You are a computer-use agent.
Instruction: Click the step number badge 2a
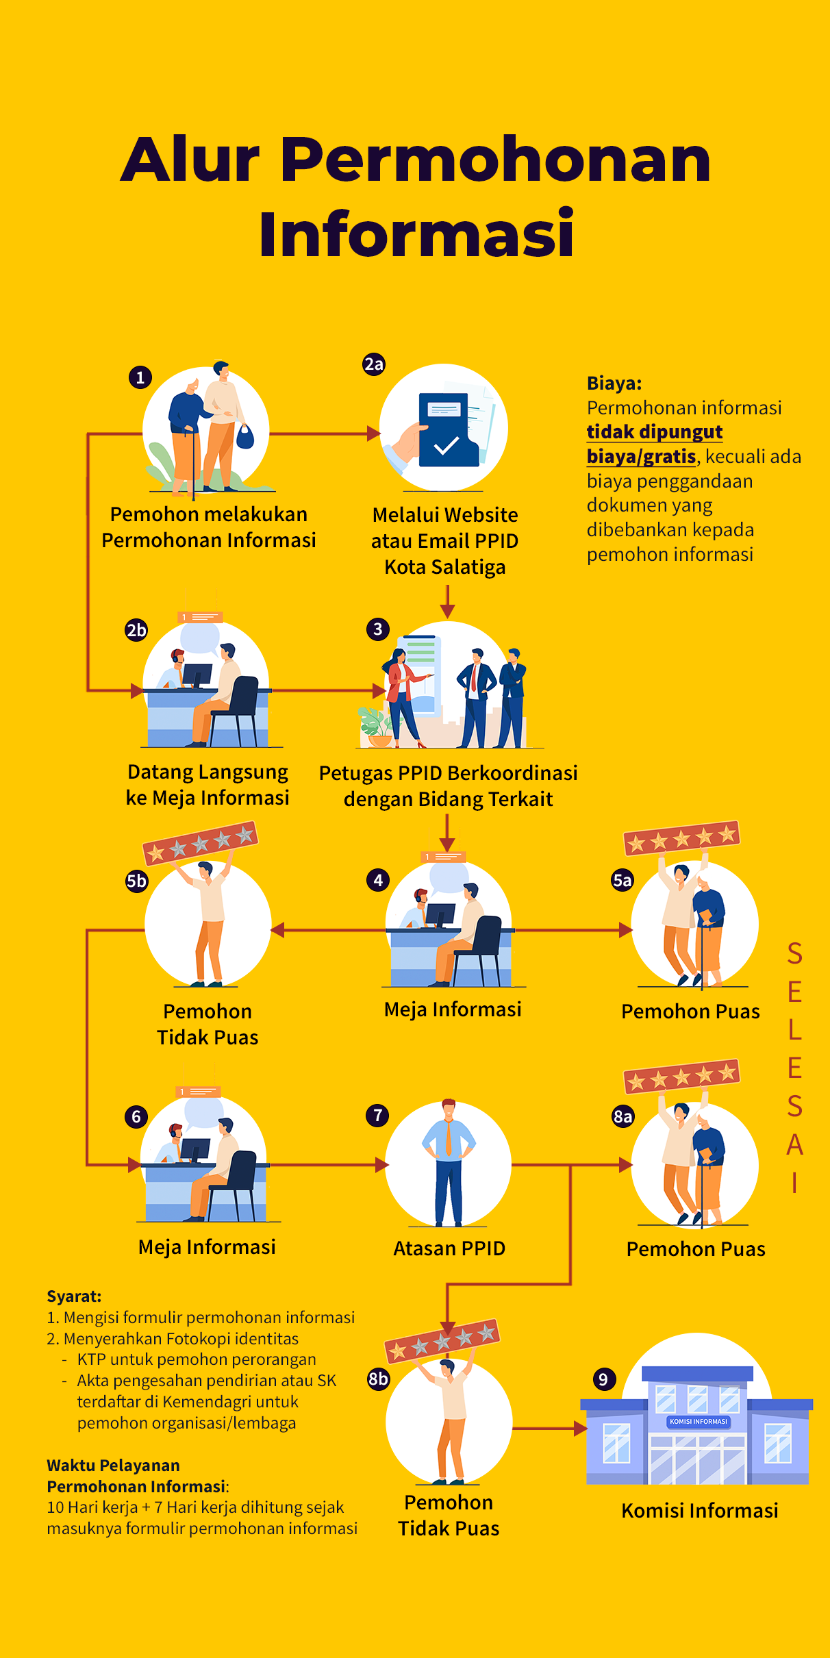click(x=374, y=364)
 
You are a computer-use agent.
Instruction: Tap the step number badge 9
click(x=603, y=1379)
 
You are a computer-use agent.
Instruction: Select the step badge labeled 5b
click(x=136, y=881)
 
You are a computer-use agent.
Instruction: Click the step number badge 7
click(x=377, y=1115)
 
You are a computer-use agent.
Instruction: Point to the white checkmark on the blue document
click(x=446, y=446)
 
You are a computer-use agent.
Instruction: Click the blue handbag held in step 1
click(x=245, y=436)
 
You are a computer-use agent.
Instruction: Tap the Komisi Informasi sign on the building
click(x=698, y=1421)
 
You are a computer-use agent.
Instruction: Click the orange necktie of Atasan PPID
click(x=449, y=1138)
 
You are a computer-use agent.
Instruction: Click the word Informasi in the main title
click(x=416, y=234)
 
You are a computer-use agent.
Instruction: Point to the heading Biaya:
click(x=614, y=384)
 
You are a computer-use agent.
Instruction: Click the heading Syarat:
click(x=74, y=1296)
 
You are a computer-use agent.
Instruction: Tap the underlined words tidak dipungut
click(x=655, y=432)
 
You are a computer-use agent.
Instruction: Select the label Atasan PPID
click(x=449, y=1248)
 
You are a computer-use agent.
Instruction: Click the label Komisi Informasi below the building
click(x=700, y=1510)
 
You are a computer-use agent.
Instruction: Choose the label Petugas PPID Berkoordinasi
click(x=448, y=773)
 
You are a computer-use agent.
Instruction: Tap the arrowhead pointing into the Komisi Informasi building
click(x=581, y=1429)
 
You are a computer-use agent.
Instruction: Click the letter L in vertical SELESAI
click(x=794, y=1030)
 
